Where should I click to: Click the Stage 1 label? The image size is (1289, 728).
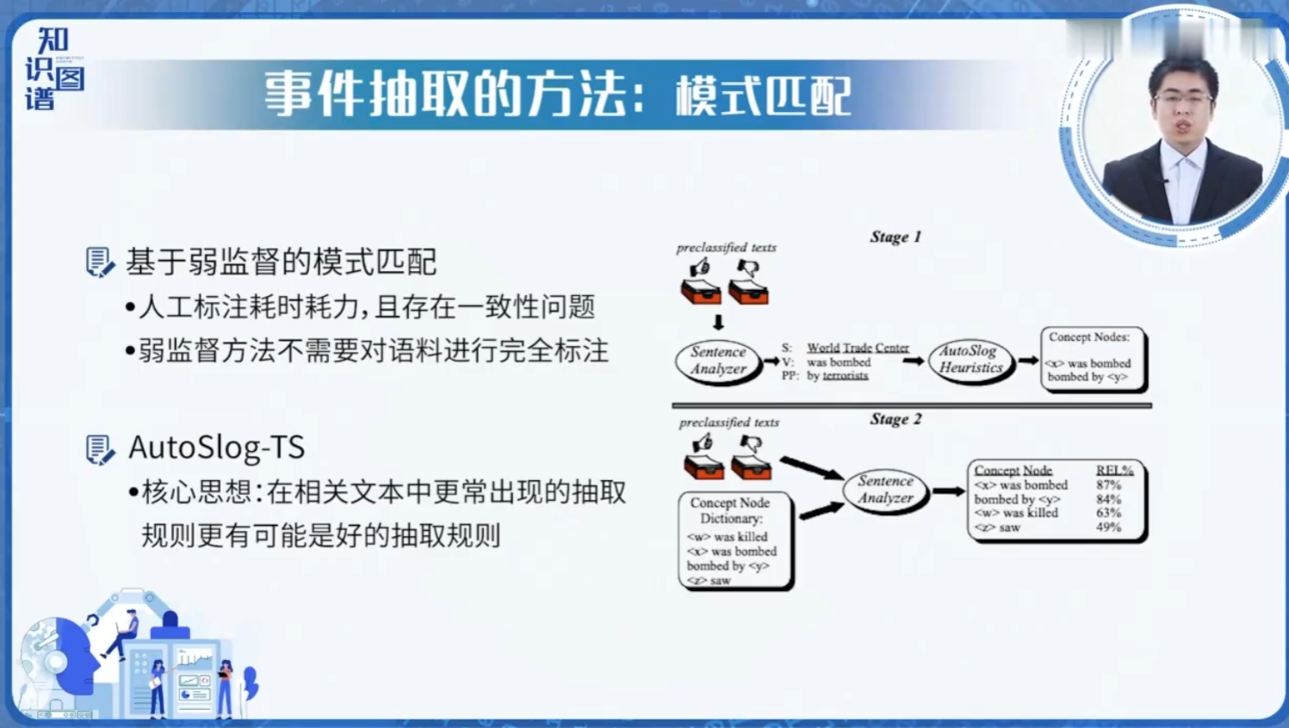click(x=895, y=237)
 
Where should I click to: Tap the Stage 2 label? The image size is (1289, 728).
click(x=895, y=419)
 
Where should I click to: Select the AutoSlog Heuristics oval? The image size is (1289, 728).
click(x=970, y=360)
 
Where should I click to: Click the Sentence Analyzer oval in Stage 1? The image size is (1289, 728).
click(x=718, y=361)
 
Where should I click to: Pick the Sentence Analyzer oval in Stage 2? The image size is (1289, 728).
click(x=885, y=490)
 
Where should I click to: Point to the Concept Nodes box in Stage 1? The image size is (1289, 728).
click(x=1091, y=358)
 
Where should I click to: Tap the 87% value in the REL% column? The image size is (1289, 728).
click(x=1108, y=485)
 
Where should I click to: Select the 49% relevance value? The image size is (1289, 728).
click(x=1108, y=527)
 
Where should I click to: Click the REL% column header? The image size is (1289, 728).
click(x=1114, y=470)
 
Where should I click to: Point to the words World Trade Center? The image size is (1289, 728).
click(x=858, y=348)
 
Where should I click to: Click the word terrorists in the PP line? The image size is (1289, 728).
click(x=845, y=376)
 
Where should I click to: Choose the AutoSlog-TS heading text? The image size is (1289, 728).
click(x=216, y=447)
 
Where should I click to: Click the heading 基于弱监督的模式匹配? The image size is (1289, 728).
click(x=282, y=262)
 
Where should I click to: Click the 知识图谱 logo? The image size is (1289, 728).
click(x=53, y=69)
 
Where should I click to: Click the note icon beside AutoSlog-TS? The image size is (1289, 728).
click(x=99, y=449)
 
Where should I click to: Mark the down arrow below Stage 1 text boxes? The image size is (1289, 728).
click(x=718, y=323)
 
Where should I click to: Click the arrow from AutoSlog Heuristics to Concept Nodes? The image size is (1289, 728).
click(x=1027, y=361)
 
